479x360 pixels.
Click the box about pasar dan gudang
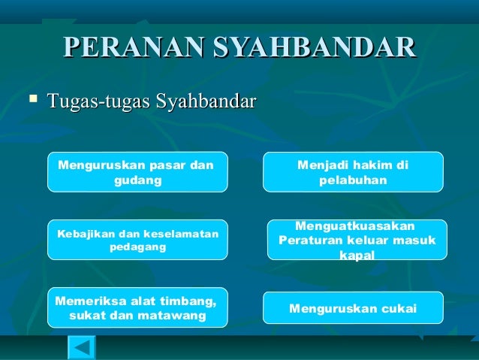pos(137,172)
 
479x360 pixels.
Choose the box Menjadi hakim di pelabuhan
pos(352,172)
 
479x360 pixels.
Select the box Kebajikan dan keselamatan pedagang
pos(137,240)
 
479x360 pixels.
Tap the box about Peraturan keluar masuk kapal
pos(357,240)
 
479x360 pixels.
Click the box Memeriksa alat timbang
pos(137,308)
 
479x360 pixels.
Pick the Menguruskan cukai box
pos(352,308)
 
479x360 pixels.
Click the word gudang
pos(137,181)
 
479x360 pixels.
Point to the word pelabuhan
pos(353,181)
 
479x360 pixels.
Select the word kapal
pos(357,256)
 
